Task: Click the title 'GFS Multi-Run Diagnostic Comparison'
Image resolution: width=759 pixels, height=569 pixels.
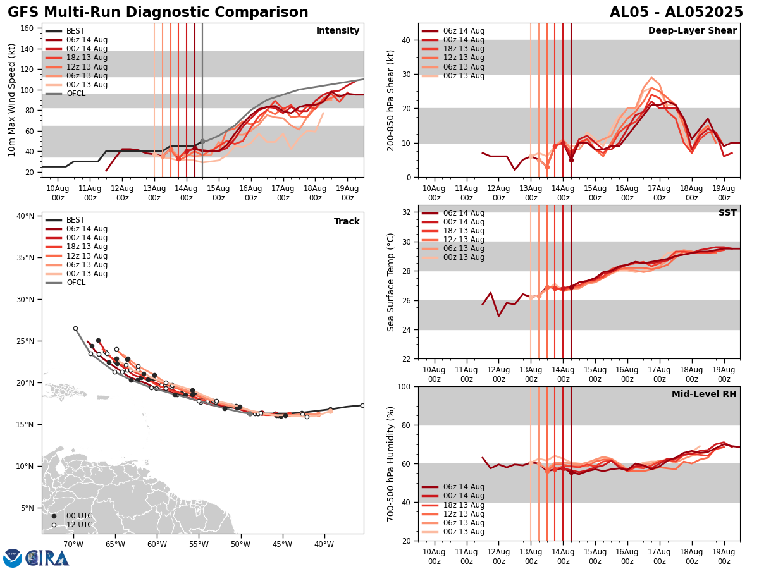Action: [x=158, y=13]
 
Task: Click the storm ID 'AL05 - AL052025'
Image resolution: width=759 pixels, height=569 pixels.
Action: [x=676, y=13]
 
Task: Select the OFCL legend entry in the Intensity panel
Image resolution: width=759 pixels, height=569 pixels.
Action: [x=75, y=94]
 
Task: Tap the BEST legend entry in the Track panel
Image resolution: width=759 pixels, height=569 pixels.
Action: [x=75, y=220]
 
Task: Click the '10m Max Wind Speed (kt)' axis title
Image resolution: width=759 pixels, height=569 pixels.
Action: [x=11, y=100]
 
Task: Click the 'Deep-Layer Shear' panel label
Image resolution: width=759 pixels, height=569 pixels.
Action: [x=692, y=31]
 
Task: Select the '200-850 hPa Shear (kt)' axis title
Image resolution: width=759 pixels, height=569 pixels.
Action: [x=391, y=100]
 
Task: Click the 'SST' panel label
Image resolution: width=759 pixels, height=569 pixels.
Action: [x=727, y=213]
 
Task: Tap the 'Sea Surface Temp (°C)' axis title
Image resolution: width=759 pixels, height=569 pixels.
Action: [x=391, y=282]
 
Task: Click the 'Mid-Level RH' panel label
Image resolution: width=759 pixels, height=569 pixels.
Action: [x=704, y=395]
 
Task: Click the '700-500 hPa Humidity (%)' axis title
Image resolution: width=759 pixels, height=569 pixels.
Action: [x=391, y=463]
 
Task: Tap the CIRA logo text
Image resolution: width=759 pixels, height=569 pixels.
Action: [x=47, y=558]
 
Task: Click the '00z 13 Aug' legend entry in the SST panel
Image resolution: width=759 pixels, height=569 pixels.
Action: [x=463, y=257]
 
